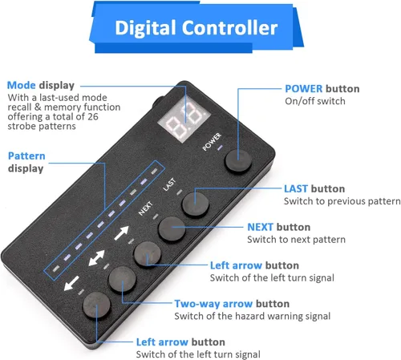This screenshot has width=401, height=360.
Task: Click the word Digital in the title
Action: [x=146, y=28]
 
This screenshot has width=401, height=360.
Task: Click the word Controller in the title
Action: [x=230, y=28]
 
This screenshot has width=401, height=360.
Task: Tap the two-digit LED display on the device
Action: [x=184, y=119]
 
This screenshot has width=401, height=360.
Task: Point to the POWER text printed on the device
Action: [x=212, y=142]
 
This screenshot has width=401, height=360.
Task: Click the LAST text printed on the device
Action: [x=169, y=184]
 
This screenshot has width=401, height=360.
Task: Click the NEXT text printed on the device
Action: [x=146, y=208]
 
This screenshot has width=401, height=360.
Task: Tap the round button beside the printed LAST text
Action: [x=196, y=204]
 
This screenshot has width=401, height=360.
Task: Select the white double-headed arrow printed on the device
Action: [x=96, y=258]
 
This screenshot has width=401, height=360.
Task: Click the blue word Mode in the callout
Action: [x=21, y=85]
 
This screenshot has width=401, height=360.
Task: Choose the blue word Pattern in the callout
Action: [x=26, y=156]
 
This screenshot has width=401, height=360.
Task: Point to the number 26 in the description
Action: [x=92, y=116]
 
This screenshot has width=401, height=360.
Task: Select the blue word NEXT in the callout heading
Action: [x=260, y=227]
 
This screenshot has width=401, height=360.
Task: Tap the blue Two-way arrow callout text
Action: [x=213, y=304]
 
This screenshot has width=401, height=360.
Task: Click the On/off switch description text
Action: [x=315, y=101]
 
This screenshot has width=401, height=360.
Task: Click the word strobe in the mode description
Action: [x=22, y=126]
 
